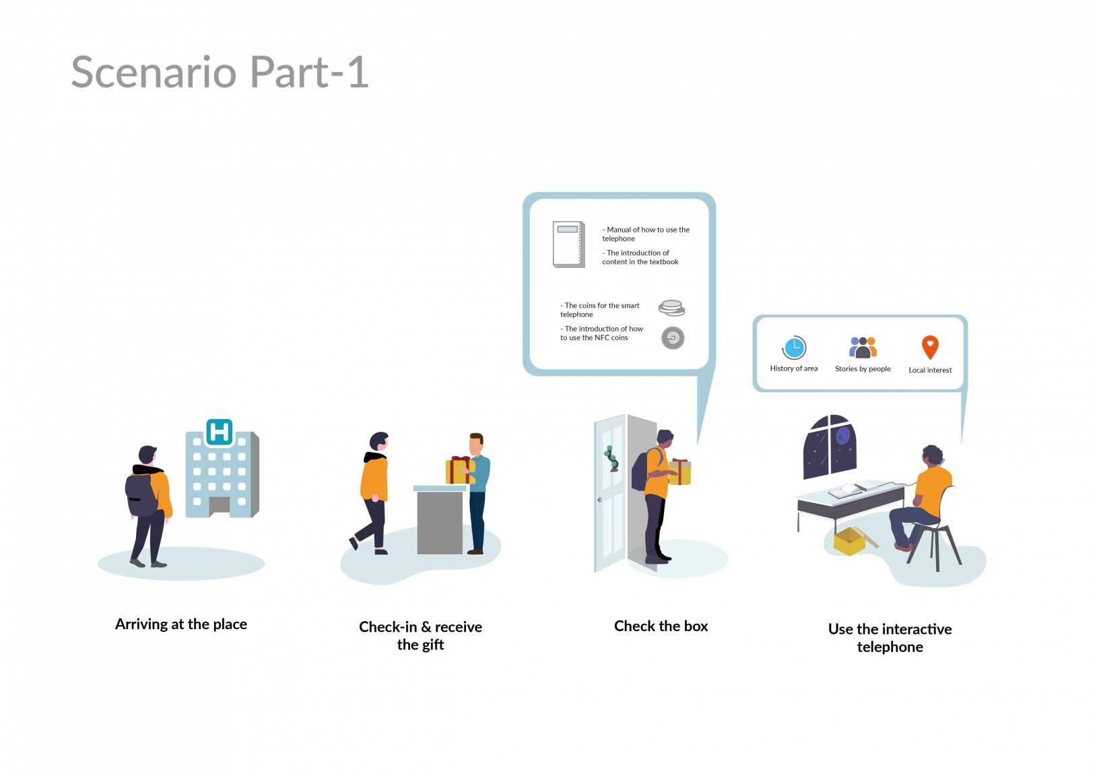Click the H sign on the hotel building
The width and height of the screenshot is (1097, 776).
(x=219, y=432)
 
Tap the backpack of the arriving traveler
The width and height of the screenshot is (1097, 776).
(x=141, y=494)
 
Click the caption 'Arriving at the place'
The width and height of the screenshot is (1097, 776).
(x=181, y=624)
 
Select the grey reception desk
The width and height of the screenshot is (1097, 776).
(x=440, y=520)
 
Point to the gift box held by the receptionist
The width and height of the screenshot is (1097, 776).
(x=459, y=470)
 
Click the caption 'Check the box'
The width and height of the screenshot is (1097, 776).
(x=661, y=626)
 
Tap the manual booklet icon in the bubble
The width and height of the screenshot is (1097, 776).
(x=568, y=244)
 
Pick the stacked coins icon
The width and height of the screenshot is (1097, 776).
(x=671, y=308)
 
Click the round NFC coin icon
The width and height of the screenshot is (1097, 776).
(x=673, y=338)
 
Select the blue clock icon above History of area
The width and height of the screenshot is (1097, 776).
(x=794, y=348)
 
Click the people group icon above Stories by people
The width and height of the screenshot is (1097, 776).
(x=863, y=348)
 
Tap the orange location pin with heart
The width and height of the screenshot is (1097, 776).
(x=930, y=348)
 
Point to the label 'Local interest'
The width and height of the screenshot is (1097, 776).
(x=930, y=370)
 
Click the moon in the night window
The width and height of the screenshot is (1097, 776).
(x=843, y=435)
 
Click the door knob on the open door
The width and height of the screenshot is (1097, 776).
(x=599, y=500)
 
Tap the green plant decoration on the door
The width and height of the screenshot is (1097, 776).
(x=611, y=459)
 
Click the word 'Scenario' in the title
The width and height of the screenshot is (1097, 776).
(x=154, y=72)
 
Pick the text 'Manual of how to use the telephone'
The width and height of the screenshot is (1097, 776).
(x=645, y=234)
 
